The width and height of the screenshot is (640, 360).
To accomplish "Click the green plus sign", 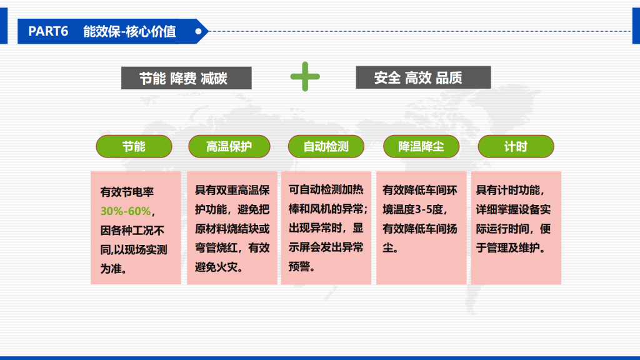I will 305,76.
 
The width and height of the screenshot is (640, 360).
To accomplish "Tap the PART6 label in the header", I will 48,31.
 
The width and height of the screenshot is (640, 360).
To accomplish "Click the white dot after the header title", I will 198,31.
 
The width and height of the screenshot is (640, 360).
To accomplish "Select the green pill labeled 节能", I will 134,146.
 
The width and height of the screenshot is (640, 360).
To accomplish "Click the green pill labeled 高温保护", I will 229,146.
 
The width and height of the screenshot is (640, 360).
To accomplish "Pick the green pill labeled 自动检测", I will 326,146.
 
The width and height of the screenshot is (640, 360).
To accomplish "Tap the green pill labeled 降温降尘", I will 421,146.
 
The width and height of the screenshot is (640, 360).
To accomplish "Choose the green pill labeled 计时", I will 516,146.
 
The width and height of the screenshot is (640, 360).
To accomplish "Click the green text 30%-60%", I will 125,211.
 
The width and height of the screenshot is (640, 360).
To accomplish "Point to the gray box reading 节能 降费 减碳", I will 186,78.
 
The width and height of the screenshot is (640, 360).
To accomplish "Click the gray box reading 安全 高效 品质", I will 423,77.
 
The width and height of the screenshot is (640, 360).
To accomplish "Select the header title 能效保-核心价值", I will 129,31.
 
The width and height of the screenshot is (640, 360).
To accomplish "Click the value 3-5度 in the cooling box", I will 432,209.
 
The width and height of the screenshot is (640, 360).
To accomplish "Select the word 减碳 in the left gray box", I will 214,78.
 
